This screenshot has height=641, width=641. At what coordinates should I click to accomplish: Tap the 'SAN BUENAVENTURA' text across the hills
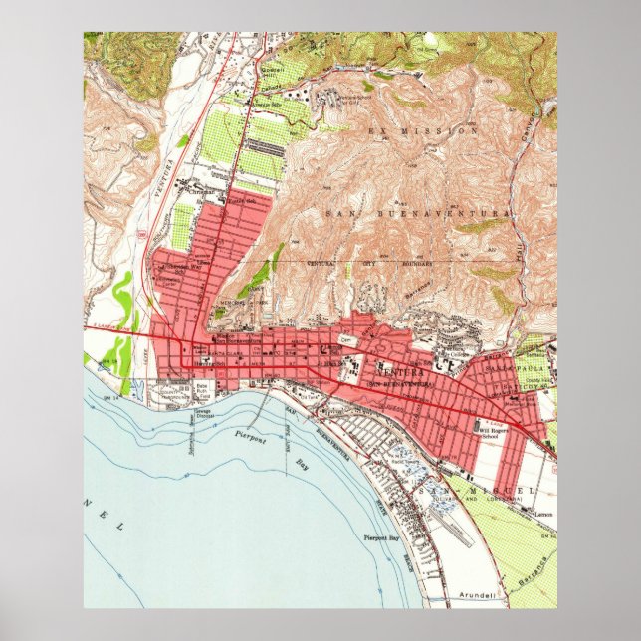pos(417,213)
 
